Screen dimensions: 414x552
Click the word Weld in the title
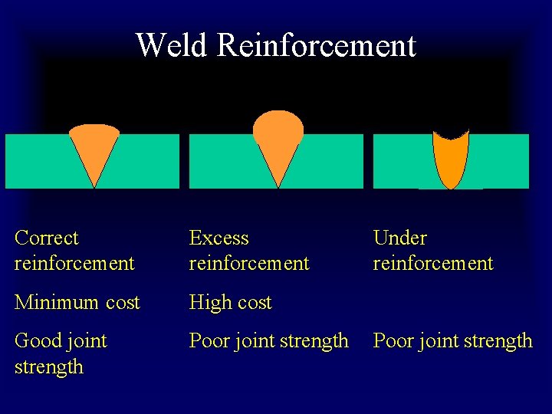[x=172, y=46]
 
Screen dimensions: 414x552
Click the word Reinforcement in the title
[x=316, y=46]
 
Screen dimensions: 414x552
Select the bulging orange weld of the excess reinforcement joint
[x=278, y=138]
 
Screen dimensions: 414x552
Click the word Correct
[x=47, y=238]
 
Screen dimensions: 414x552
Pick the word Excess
[x=219, y=238]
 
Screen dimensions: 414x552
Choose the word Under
[x=399, y=238]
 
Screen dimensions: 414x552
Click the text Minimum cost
[x=77, y=303]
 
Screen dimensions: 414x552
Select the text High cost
[x=231, y=303]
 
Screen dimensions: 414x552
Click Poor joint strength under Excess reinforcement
[x=269, y=341]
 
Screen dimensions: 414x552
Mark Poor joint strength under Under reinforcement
[x=452, y=341]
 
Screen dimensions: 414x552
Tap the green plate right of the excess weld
[x=330, y=161]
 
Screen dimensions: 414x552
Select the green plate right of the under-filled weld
[x=498, y=161]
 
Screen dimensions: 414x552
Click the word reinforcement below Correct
[x=74, y=264]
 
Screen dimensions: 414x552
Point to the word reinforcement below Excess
[x=249, y=264]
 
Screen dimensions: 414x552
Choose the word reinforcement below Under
[x=433, y=264]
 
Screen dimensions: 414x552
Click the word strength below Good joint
[x=49, y=366]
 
